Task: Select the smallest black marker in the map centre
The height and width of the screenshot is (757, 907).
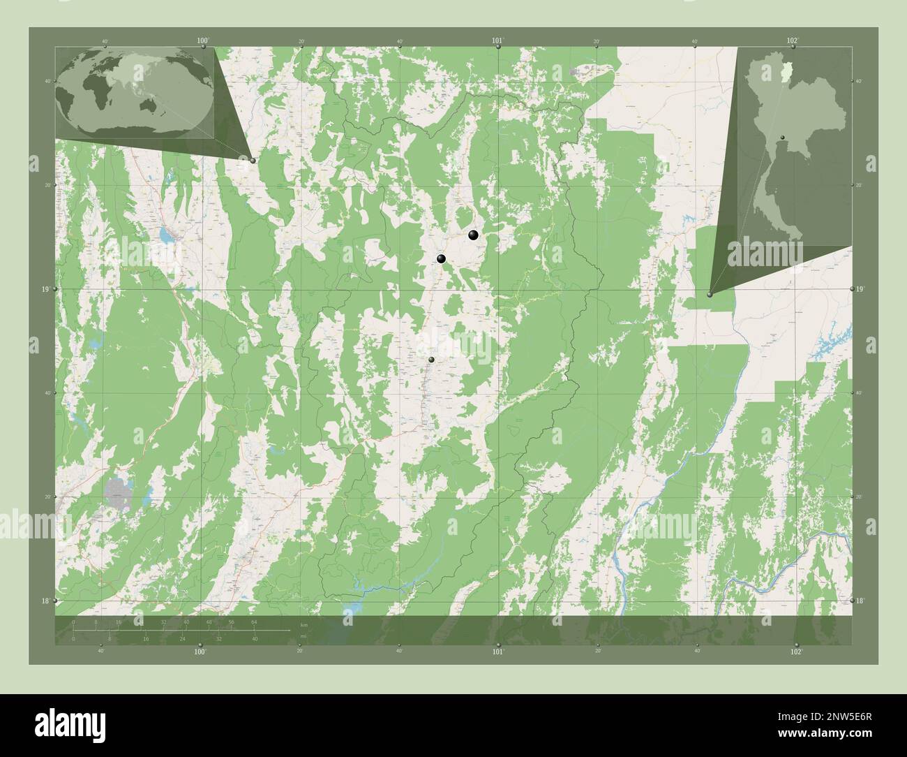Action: [x=432, y=360]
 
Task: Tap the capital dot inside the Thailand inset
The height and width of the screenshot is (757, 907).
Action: [x=783, y=138]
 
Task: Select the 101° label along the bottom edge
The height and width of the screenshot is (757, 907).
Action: [x=497, y=652]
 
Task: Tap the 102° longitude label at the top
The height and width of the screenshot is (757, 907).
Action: [x=792, y=41]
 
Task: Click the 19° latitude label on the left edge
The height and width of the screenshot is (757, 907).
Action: [x=46, y=289]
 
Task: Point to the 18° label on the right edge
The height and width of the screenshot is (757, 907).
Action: [x=860, y=601]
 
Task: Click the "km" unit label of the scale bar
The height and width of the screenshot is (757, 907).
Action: [x=303, y=624]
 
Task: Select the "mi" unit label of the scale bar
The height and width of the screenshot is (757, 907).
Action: [x=303, y=636]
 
